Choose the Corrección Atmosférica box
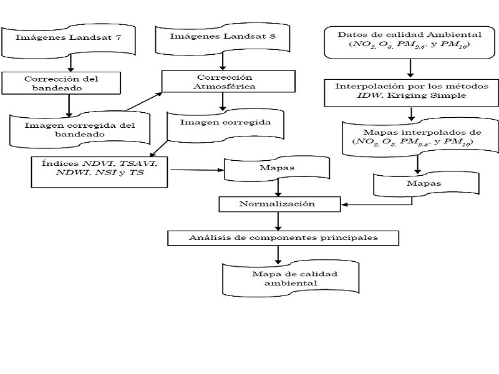click(228, 81)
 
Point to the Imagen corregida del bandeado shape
click(80, 129)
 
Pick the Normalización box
click(278, 204)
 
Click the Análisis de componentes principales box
click(283, 237)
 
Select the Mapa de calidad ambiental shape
click(290, 278)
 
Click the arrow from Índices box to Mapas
click(197, 169)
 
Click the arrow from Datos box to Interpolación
click(410, 67)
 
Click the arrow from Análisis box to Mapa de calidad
click(278, 253)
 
